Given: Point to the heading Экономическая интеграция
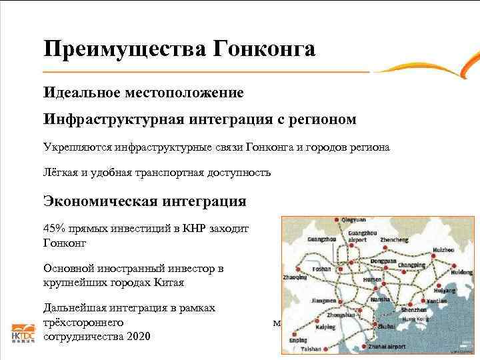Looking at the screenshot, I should coord(145,201).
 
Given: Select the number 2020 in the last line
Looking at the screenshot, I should coord(137,336).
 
